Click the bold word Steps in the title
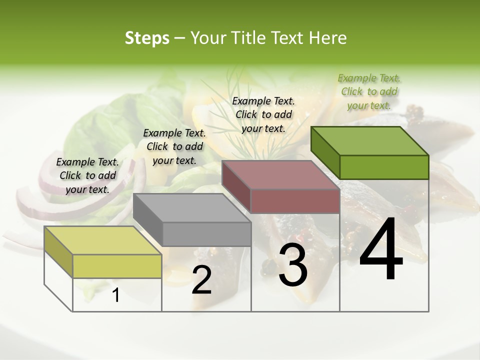tap(147, 37)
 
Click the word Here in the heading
tap(328, 37)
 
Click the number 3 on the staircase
tap(293, 265)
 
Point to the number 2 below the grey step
tap(201, 280)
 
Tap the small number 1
tap(116, 295)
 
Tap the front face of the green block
tap(384, 167)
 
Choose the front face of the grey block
tap(206, 234)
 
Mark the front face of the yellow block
tap(117, 266)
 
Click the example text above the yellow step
tap(87, 175)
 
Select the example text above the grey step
tap(174, 146)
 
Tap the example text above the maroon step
tap(263, 114)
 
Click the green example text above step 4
tap(369, 91)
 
